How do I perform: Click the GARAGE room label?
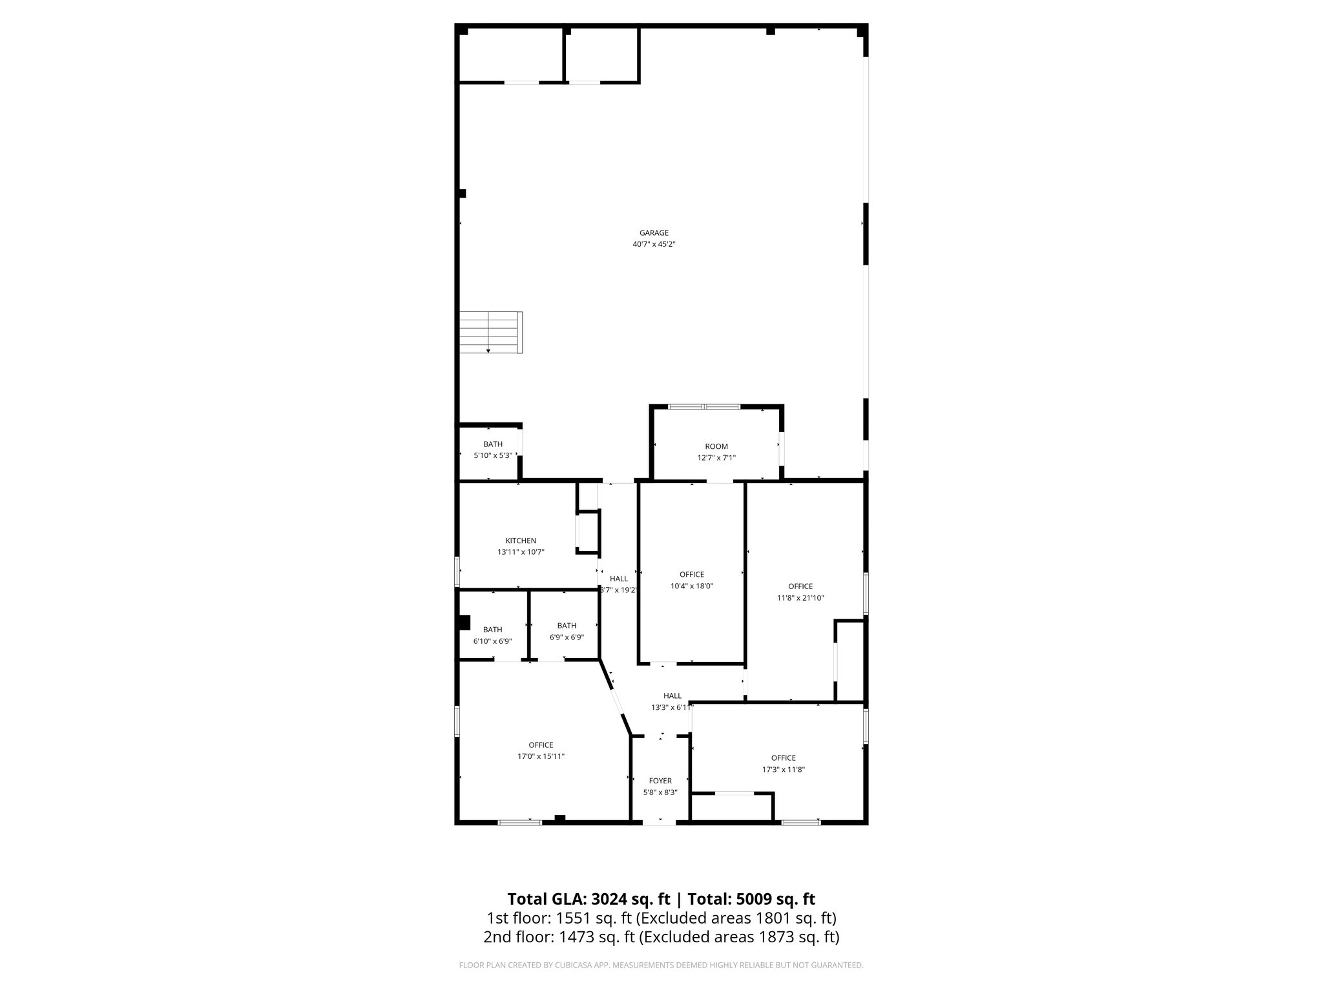coord(654,233)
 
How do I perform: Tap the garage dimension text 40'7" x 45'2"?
coord(654,245)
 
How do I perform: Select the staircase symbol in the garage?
coord(490,332)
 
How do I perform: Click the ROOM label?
coord(716,446)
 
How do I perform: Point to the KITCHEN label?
coord(520,541)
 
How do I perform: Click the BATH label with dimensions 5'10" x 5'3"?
coord(493,444)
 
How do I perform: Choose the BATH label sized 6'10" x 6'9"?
coord(492,630)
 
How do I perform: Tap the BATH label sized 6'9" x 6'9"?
coord(567,626)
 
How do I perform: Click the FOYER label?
coord(660,781)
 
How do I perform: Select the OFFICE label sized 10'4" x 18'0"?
coord(691,575)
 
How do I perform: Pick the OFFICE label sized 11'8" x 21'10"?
coord(800,586)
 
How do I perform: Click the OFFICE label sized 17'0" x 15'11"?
coord(541,745)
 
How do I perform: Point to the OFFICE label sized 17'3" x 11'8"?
coord(783,758)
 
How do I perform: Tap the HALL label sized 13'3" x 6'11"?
coord(672,696)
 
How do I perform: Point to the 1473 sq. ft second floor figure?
coord(570,937)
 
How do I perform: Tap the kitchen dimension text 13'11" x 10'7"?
coord(520,552)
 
